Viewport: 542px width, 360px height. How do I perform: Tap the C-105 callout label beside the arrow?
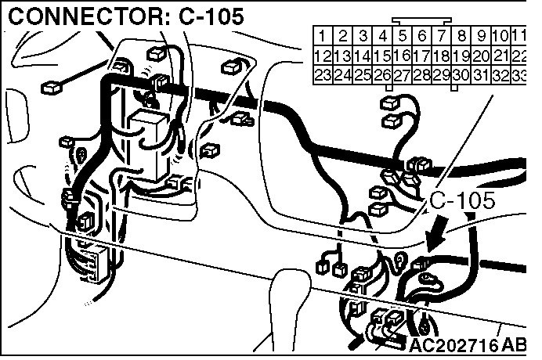[x=462, y=201]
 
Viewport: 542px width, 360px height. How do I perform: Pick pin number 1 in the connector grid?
[x=323, y=36]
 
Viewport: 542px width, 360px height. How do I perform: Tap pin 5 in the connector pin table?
[x=402, y=36]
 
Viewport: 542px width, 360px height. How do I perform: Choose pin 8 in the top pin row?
[x=462, y=36]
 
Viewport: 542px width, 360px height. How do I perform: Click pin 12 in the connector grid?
[x=323, y=56]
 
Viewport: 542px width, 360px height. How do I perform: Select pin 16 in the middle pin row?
[x=402, y=56]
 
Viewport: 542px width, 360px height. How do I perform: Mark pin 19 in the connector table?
[x=462, y=56]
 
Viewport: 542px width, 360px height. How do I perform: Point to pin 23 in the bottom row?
[x=323, y=75]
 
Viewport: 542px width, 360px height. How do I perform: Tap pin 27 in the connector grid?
[x=402, y=75]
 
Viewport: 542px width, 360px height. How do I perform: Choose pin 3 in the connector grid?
[x=363, y=36]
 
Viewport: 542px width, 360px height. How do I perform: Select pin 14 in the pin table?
[x=363, y=56]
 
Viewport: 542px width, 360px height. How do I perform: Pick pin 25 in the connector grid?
[x=363, y=75]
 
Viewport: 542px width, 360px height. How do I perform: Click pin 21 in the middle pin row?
[x=502, y=56]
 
